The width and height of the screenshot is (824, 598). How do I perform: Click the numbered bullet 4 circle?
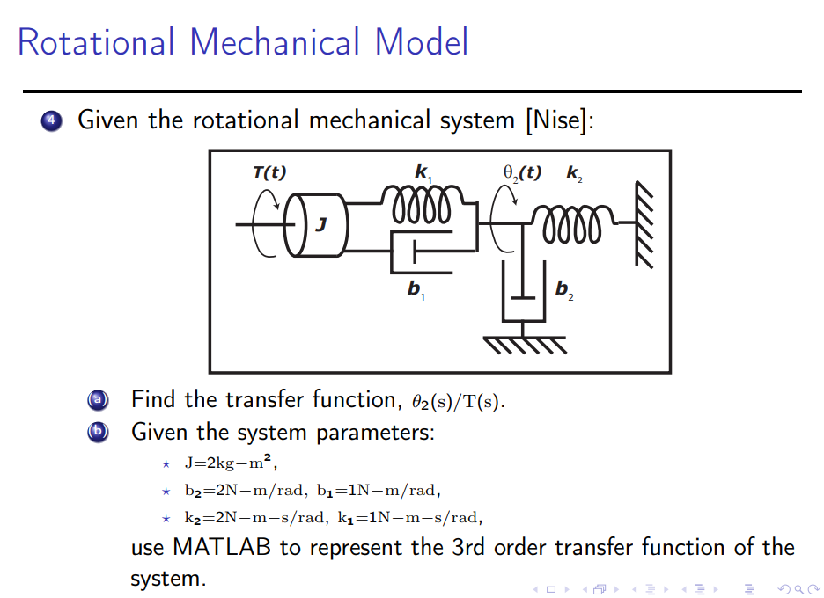point(51,120)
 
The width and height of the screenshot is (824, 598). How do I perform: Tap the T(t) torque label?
point(269,172)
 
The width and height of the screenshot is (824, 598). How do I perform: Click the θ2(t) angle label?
point(521,172)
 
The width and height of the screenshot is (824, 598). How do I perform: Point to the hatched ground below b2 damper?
point(522,345)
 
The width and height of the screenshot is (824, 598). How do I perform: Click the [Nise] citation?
point(558,120)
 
